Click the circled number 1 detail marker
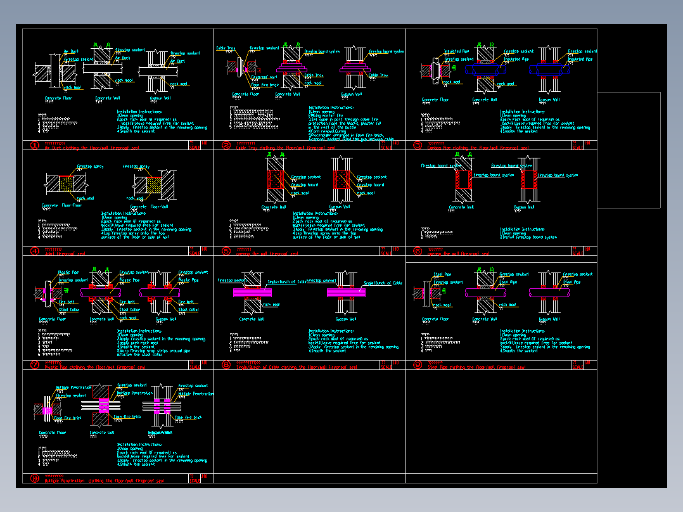coord(35,145)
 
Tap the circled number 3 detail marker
coord(418,145)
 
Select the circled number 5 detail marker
coord(226,251)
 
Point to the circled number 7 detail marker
coord(35,364)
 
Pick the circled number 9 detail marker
coord(418,364)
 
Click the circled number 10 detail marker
coord(35,478)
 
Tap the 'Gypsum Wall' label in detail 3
coord(549,99)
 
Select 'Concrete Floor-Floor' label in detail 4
coord(61,205)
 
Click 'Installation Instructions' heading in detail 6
coord(522,229)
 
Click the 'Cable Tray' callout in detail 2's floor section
coord(226,48)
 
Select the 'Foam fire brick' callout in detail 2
coord(265,85)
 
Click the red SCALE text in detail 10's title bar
coord(195,480)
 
